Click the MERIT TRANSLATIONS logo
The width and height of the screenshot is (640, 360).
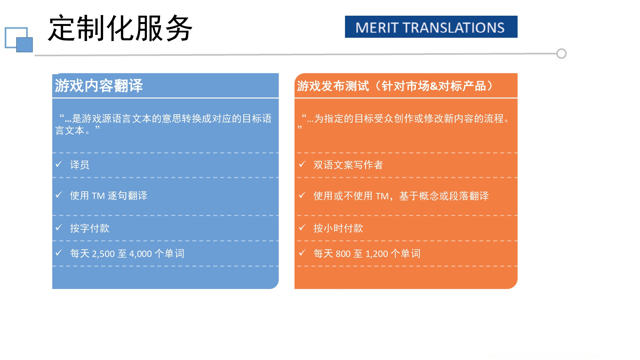pos(431,27)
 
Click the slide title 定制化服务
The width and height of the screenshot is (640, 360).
pos(120,28)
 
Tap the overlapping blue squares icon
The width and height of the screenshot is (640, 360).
pos(19,40)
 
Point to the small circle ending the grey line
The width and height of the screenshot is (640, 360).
pos(561,53)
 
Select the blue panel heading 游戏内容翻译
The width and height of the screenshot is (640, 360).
pos(99,86)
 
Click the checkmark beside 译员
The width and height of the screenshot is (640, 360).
pos(59,164)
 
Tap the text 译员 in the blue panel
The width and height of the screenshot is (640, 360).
pos(80,165)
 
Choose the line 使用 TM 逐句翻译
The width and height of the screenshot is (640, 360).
pos(108,196)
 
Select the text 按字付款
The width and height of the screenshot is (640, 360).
pos(90,228)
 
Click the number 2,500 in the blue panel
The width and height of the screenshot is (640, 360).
pos(103,254)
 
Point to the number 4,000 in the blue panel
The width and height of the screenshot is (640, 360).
pos(140,254)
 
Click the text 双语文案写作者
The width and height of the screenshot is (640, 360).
pos(348,165)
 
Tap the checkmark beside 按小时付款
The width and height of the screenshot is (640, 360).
pos(302,228)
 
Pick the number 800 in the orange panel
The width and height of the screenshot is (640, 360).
pos(343,254)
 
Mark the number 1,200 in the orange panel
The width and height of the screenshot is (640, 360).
pos(377,254)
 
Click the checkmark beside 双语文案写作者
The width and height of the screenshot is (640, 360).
pos(302,164)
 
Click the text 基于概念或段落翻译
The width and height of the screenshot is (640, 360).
pos(444,196)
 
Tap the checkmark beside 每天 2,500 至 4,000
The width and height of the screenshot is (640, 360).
pos(59,253)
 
